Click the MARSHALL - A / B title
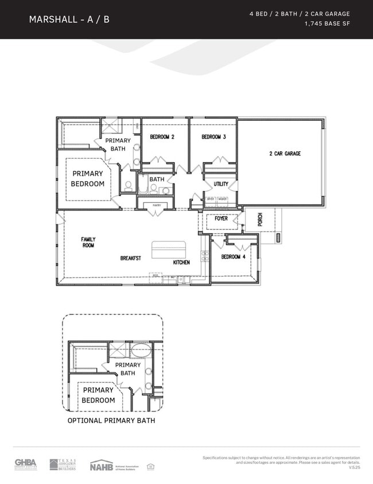click(69, 20)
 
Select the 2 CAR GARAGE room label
click(285, 153)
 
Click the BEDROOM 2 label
click(162, 137)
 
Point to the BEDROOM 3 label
click(213, 137)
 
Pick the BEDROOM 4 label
click(234, 256)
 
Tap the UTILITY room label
click(221, 184)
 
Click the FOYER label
click(221, 218)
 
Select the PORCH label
click(260, 219)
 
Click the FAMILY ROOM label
click(88, 242)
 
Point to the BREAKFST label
click(131, 258)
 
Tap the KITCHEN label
click(181, 262)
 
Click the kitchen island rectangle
click(169, 251)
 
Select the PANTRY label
click(156, 205)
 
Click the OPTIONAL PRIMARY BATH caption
click(111, 421)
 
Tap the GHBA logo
click(25, 464)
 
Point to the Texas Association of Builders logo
click(63, 464)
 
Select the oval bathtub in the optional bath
click(139, 350)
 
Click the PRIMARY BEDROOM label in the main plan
click(88, 179)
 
